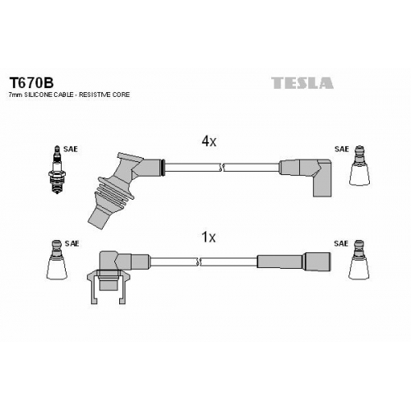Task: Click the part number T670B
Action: [x=31, y=82]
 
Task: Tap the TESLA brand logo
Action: [x=302, y=83]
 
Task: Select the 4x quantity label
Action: [x=209, y=141]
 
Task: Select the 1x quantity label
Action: [x=209, y=238]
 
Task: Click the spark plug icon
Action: [x=57, y=169]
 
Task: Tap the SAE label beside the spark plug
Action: [x=71, y=149]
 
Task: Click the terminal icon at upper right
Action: [x=360, y=165]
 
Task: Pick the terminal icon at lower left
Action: [x=57, y=260]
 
